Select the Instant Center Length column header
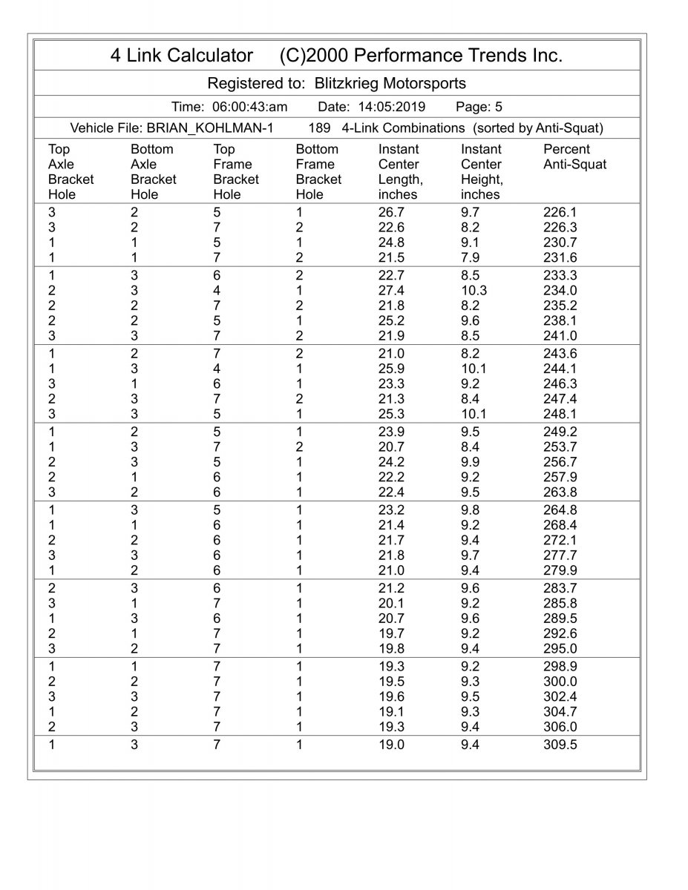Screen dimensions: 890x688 [x=400, y=172]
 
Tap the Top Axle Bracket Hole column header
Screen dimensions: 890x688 [x=71, y=172]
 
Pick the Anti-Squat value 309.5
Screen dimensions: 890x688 [x=560, y=745]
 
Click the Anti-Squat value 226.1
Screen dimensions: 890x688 [x=560, y=212]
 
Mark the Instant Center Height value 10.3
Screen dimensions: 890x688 [x=475, y=291]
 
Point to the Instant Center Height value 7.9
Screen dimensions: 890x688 [x=471, y=257]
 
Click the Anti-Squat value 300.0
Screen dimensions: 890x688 [x=560, y=682]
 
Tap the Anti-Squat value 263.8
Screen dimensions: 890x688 [x=560, y=492]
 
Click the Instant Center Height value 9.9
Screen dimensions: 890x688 [x=471, y=462]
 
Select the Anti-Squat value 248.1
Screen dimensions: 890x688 [x=560, y=414]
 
